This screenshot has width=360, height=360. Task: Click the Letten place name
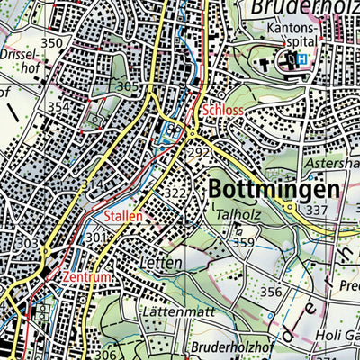coord(162,263)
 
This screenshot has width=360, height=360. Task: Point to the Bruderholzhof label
coord(220,346)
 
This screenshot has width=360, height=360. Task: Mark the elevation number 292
coord(199,152)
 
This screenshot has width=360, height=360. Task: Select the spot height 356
coord(272,292)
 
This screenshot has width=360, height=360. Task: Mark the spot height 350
coord(51,43)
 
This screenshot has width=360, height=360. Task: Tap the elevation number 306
coord(111,354)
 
